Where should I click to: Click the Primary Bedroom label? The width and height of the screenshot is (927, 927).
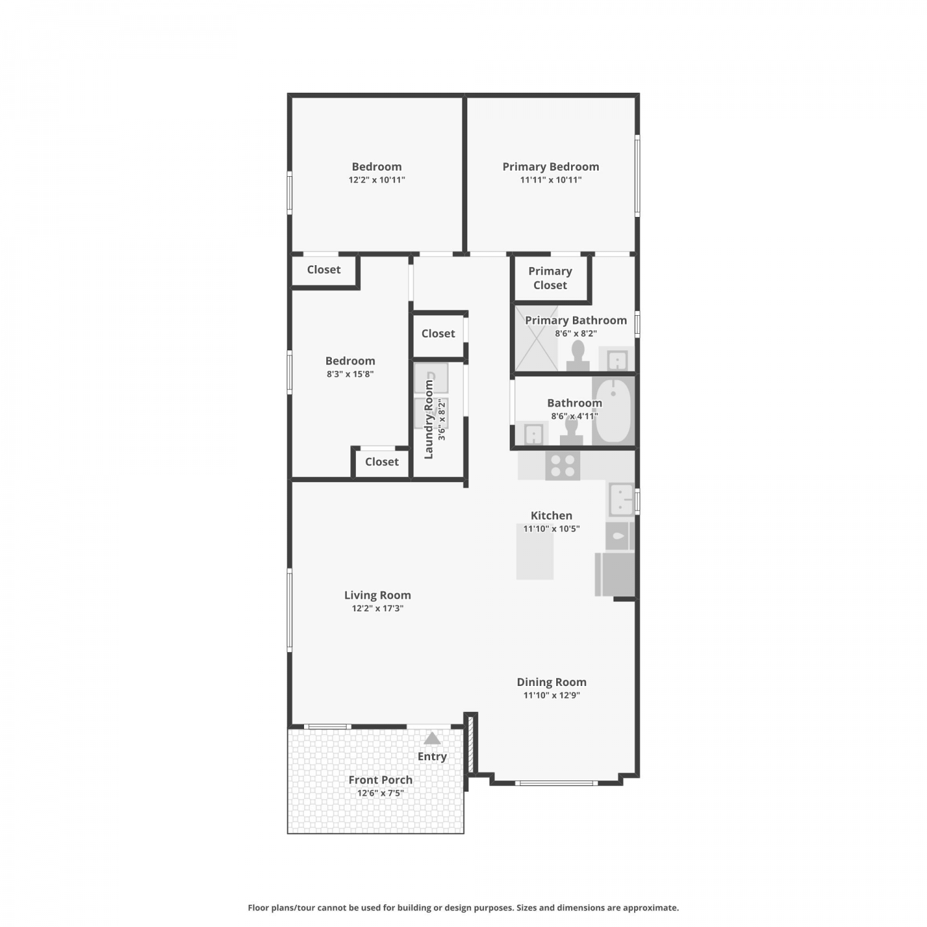(x=551, y=167)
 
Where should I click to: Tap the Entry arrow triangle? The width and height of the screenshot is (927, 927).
(x=432, y=739)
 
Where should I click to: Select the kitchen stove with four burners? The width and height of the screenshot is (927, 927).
(x=562, y=465)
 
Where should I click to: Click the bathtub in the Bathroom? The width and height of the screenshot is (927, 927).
(x=613, y=411)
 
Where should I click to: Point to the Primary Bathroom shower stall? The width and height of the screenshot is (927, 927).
(x=536, y=338)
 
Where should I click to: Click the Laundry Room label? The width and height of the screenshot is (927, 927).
(x=429, y=419)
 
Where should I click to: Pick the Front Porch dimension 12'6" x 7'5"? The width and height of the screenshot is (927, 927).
(x=380, y=793)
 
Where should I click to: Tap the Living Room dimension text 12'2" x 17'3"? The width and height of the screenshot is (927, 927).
(x=378, y=608)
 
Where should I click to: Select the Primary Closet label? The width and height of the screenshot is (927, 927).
(x=550, y=278)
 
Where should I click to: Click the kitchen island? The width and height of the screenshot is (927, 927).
(x=535, y=551)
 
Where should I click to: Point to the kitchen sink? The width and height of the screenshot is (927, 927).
(x=621, y=499)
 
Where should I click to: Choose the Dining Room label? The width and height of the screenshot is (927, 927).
(x=552, y=682)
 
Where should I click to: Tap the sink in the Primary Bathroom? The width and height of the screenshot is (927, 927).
(x=617, y=359)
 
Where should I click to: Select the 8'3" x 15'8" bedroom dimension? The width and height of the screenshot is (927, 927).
(x=350, y=374)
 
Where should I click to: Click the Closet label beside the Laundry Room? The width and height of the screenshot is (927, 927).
(x=438, y=334)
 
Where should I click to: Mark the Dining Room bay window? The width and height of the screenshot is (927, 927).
(x=556, y=783)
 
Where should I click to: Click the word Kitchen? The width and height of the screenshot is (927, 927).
(x=551, y=515)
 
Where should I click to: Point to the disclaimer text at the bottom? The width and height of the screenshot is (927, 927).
(x=463, y=908)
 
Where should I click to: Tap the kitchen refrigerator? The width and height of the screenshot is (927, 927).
(x=615, y=574)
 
